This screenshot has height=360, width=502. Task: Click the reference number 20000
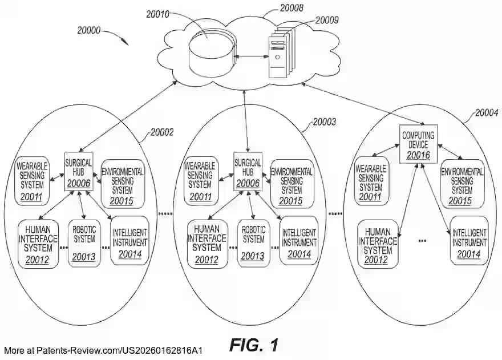click(x=88, y=30)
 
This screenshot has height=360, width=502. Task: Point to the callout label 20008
click(x=292, y=8)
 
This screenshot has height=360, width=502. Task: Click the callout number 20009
click(x=327, y=20)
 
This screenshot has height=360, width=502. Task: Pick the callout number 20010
click(x=157, y=14)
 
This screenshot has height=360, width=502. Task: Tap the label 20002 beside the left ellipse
click(x=162, y=132)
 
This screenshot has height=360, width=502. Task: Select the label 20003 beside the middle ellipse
click(x=325, y=122)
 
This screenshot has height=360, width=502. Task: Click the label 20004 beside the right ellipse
click(x=487, y=113)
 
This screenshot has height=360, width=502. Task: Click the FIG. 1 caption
click(x=254, y=345)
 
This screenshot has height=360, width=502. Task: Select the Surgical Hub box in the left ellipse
click(x=79, y=171)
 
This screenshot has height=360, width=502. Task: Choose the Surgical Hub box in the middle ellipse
click(x=248, y=171)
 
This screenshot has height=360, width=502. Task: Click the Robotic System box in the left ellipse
click(x=84, y=243)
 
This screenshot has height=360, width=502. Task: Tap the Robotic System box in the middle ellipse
click(x=253, y=243)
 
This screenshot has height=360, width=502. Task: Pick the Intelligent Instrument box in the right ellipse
click(x=469, y=241)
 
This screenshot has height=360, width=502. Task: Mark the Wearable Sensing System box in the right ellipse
click(x=371, y=181)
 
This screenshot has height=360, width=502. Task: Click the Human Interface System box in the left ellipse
click(x=38, y=244)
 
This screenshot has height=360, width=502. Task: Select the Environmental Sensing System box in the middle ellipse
click(x=292, y=184)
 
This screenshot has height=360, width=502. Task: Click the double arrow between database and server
click(x=252, y=56)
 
